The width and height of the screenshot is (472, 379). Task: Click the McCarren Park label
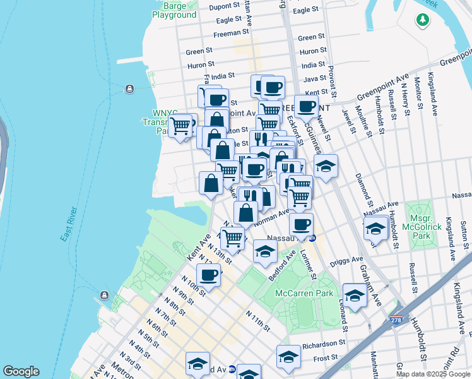(304, 294)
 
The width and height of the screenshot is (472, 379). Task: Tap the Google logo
(21, 371)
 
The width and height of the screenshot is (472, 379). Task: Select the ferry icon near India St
(130, 88)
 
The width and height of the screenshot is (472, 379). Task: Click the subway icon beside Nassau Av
(312, 238)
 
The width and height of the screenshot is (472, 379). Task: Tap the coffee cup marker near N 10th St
(208, 275)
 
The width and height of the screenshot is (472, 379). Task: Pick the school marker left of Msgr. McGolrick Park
(375, 229)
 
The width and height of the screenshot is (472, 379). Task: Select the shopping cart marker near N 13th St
(233, 239)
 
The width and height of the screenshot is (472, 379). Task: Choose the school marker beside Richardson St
(288, 358)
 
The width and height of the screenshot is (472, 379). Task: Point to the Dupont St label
(216, 7)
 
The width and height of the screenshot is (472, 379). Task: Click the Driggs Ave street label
(348, 259)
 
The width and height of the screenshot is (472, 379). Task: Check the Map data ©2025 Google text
(432, 373)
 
